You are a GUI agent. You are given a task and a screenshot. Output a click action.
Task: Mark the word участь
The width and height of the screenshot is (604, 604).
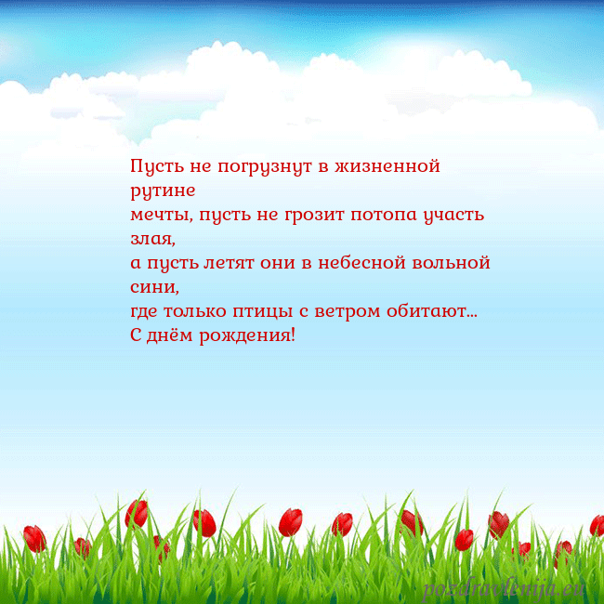point(453,216)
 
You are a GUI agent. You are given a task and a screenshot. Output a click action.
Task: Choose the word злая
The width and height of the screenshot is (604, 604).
point(152,239)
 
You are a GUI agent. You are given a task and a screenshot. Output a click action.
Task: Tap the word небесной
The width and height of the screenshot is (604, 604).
point(363,263)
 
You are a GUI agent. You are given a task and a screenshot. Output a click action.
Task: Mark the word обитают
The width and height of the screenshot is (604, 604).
point(437,310)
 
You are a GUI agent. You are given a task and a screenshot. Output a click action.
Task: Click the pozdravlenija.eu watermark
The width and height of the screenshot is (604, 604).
point(504,588)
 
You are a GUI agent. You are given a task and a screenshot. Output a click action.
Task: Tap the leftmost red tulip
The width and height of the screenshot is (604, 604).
point(34,537)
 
